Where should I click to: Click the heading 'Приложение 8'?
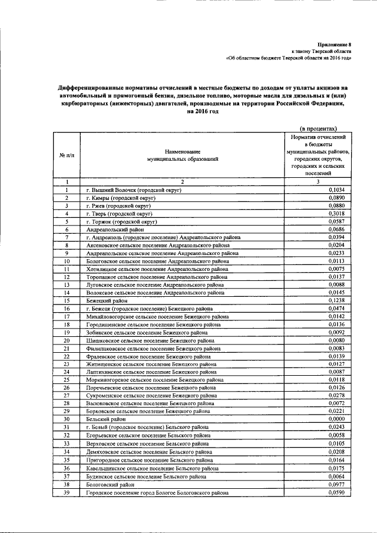[x=334, y=44]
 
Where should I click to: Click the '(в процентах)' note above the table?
[x=319, y=127]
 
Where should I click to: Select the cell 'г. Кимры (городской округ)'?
[x=120, y=198]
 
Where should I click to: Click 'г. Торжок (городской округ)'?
[x=121, y=222]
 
